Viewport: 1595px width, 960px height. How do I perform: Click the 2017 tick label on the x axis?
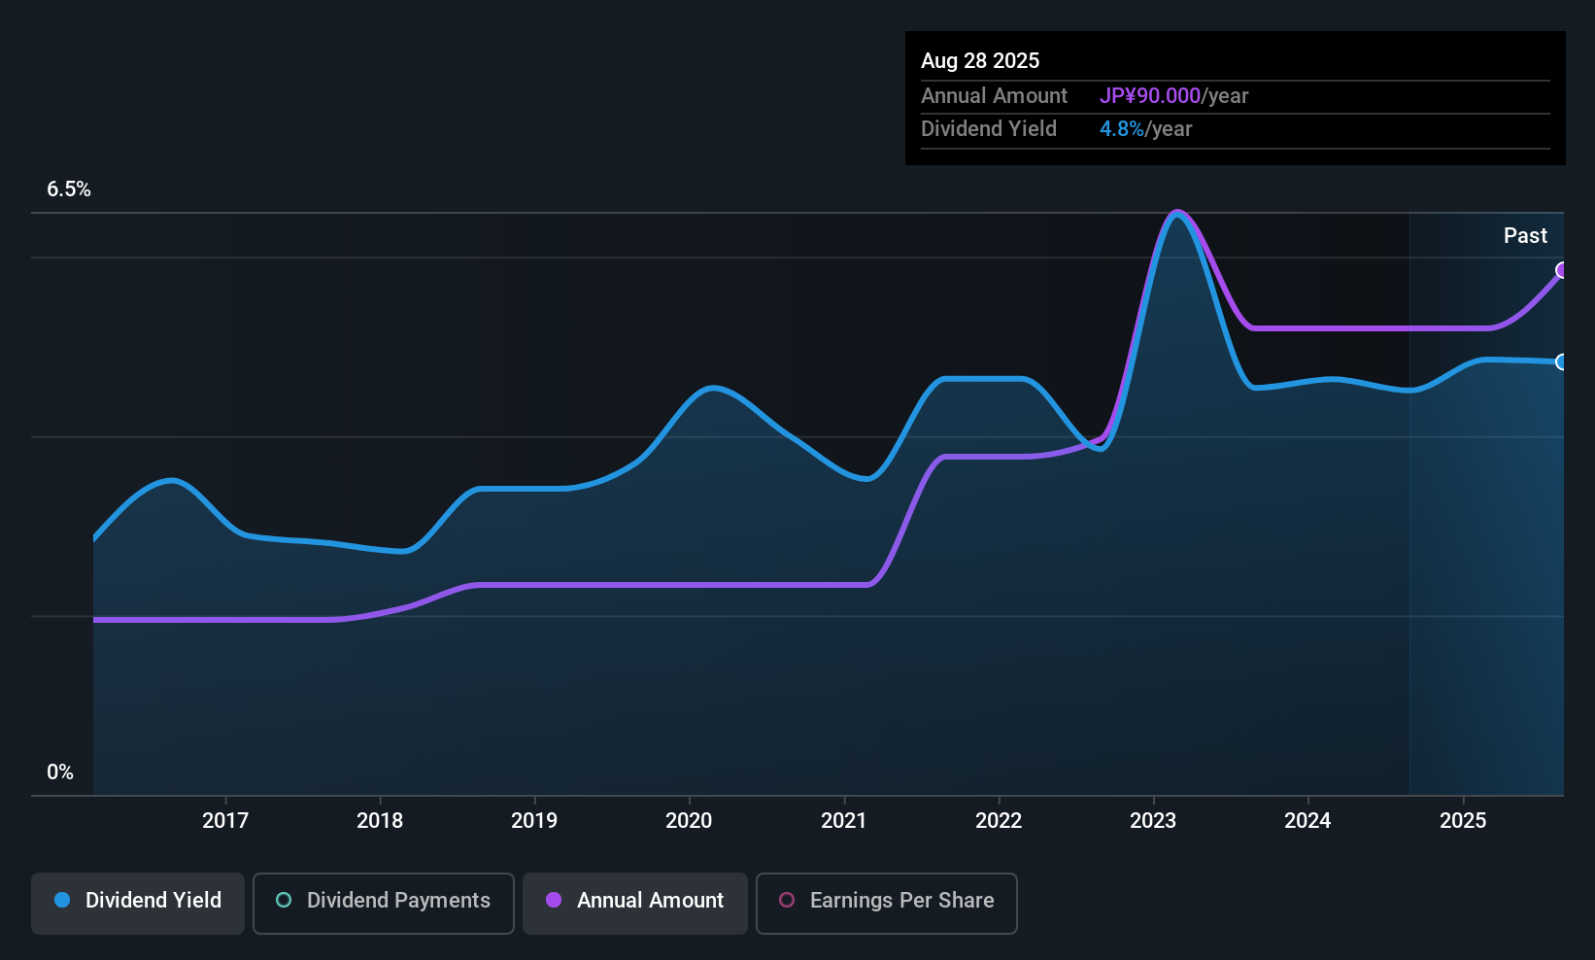tap(224, 820)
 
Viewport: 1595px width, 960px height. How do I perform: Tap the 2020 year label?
tap(689, 820)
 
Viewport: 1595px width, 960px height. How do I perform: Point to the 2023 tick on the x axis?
tap(1153, 820)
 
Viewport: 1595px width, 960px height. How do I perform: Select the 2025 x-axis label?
tap(1462, 820)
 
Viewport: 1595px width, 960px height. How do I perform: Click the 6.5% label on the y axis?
tap(68, 189)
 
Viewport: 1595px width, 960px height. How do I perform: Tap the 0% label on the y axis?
tap(59, 772)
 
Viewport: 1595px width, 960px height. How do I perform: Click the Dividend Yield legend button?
tap(138, 901)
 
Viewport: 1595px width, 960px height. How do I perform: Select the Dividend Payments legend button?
tap(383, 901)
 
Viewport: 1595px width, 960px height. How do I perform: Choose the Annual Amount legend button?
tap(635, 901)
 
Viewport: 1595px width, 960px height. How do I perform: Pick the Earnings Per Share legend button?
tap(886, 901)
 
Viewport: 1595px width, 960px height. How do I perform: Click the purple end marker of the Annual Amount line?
tap(1562, 270)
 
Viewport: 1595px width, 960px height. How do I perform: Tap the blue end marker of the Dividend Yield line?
tap(1562, 362)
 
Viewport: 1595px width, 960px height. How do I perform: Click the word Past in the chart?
tap(1525, 236)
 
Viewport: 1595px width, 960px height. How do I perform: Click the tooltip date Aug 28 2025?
tap(979, 61)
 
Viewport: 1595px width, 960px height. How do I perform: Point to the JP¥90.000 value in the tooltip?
tap(1149, 96)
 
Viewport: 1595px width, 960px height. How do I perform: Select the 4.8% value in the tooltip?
tap(1121, 129)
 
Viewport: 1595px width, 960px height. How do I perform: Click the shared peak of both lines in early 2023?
tap(1177, 214)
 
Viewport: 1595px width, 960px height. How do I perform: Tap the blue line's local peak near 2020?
tap(713, 388)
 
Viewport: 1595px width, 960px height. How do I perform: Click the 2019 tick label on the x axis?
tap(534, 820)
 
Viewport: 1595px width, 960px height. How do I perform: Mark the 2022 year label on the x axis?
tap(999, 820)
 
